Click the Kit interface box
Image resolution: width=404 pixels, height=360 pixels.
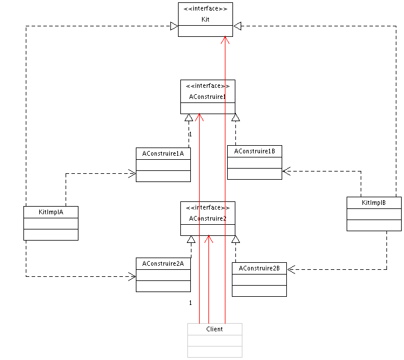tap(205, 20)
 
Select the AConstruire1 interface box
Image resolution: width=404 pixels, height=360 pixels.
tap(207, 97)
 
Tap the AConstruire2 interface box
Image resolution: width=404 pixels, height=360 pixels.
tap(207, 218)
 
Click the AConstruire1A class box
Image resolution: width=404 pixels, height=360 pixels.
tap(163, 164)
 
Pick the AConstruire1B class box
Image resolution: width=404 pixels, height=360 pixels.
tap(255, 162)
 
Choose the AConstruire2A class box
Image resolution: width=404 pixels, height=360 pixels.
tap(163, 275)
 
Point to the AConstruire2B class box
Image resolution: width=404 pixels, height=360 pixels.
tap(259, 279)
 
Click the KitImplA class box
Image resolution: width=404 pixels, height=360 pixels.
tap(51, 223)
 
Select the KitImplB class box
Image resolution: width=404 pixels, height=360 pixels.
tap(374, 214)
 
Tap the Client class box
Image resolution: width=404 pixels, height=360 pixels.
tap(214, 340)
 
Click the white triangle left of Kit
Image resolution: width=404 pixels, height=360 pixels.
tap(173, 26)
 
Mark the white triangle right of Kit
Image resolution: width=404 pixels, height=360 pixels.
tap(237, 26)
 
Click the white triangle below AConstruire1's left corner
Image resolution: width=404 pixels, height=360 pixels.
tap(189, 118)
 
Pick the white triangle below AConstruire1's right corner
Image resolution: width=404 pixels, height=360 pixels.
tap(235, 118)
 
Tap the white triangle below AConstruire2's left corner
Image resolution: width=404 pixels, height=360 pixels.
tap(191, 239)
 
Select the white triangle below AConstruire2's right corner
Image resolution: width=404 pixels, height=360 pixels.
tap(235, 239)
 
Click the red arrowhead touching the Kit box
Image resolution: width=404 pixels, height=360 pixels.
tap(225, 40)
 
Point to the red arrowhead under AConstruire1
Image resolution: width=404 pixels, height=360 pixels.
tap(200, 116)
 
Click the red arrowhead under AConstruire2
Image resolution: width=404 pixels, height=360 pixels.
tap(208, 238)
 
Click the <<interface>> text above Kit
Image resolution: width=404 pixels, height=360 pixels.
tap(205, 9)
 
